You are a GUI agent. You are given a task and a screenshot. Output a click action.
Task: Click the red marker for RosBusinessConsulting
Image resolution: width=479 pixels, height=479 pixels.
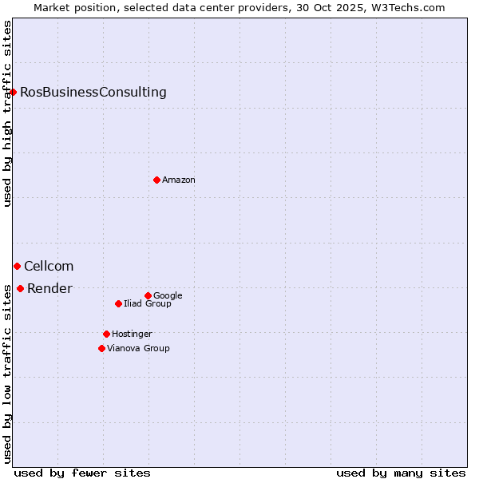coord(14,92)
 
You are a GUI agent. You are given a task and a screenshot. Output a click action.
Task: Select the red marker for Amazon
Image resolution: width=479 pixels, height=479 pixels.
coord(156,180)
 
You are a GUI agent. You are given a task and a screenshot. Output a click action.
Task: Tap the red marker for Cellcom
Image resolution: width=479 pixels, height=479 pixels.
coord(17,266)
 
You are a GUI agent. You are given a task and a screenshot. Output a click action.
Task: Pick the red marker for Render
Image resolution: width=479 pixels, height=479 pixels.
coord(20,288)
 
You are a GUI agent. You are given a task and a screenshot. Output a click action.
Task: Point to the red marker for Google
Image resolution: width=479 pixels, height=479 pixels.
coord(148,295)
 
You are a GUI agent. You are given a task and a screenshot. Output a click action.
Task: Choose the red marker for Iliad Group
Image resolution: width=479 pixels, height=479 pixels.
coord(118,303)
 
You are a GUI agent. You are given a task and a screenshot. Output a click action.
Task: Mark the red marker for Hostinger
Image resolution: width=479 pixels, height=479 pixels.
coord(106,334)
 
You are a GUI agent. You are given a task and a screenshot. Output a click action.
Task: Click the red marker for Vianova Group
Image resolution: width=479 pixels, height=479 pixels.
coord(101,348)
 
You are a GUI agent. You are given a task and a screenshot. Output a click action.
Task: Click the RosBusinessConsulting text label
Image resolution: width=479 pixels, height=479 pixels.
coord(93,92)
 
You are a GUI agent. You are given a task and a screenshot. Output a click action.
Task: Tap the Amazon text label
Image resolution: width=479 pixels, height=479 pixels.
coord(179,180)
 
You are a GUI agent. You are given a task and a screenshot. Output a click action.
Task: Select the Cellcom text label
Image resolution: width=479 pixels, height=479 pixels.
coord(49,266)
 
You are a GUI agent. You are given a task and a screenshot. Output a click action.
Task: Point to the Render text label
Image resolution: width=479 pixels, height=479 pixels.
coord(49,288)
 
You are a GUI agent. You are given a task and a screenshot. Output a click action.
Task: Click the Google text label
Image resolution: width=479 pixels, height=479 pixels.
coord(168,295)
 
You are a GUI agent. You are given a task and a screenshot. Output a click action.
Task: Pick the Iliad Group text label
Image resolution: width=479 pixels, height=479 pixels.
coord(148,303)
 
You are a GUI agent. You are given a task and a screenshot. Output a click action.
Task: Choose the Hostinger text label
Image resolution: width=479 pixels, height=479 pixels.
coord(132,334)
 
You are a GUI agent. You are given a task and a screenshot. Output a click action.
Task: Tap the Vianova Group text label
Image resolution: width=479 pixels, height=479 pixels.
coord(138,348)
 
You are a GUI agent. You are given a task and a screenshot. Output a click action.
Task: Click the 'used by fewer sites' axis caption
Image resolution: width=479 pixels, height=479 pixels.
coord(82,473)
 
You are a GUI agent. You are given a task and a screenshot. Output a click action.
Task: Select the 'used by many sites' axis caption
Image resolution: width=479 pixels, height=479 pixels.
coord(401,473)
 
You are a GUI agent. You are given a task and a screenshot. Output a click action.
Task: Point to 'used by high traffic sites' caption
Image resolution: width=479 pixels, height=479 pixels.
coord(7,113)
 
